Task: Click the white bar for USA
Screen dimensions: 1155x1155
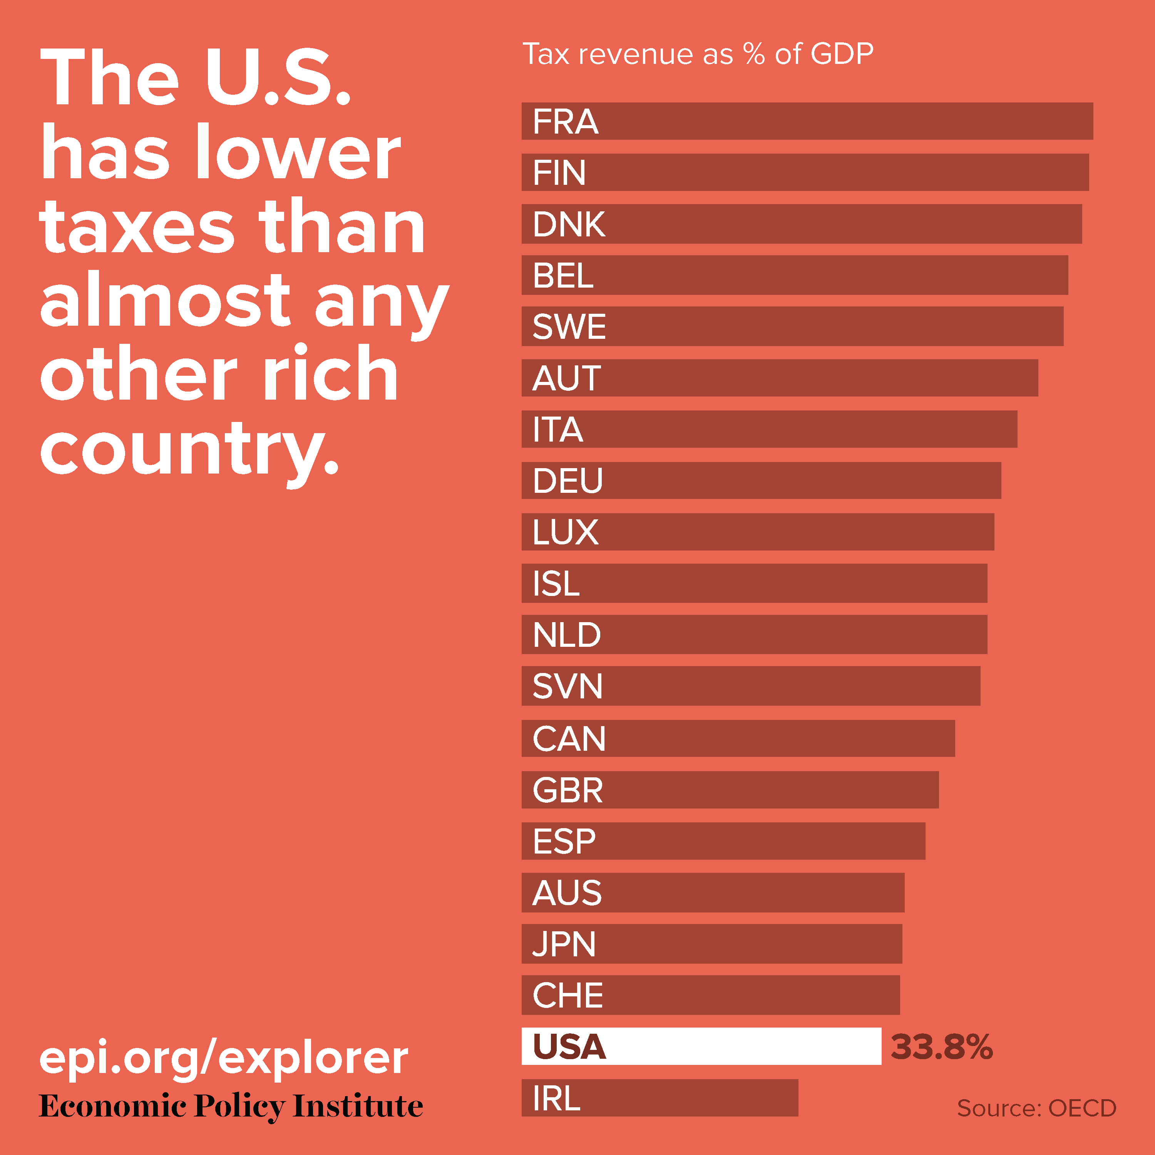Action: [x=701, y=1046]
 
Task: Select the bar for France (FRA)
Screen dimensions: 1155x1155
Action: [x=807, y=121]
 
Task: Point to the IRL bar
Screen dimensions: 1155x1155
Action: [x=660, y=1098]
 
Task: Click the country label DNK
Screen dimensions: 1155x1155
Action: [x=569, y=224]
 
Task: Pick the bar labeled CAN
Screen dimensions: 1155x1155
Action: [x=738, y=738]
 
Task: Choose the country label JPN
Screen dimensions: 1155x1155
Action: [x=564, y=944]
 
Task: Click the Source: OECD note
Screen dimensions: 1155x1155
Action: [x=1036, y=1108]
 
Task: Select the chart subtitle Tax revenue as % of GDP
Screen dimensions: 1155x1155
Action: [x=698, y=54]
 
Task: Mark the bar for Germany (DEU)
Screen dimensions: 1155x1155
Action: [x=761, y=480]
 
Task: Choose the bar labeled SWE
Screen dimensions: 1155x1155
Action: [x=792, y=326]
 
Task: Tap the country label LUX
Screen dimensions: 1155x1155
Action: [x=565, y=531]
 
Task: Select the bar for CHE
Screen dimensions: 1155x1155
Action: [x=710, y=995]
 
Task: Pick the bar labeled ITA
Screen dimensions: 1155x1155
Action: [x=769, y=429]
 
